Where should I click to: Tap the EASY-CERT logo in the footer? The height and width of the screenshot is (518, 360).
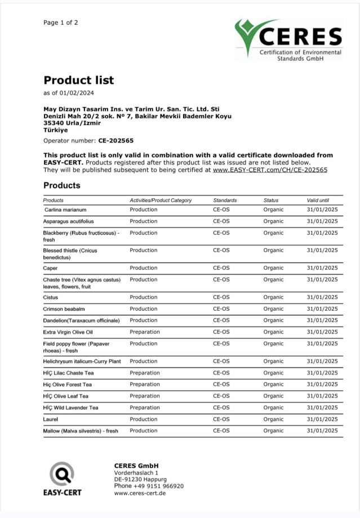(x=62, y=479)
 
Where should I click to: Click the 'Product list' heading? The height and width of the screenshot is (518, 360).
(x=78, y=80)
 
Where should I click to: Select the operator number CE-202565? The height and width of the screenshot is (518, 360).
(x=116, y=141)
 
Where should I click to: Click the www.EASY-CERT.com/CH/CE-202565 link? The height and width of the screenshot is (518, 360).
(x=270, y=169)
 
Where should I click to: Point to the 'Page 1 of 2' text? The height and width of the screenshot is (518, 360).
(x=61, y=23)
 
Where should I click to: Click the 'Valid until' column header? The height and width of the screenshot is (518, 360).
(x=318, y=200)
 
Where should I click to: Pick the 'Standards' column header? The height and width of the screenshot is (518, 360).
(x=225, y=200)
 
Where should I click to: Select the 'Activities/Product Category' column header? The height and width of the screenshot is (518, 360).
(x=161, y=200)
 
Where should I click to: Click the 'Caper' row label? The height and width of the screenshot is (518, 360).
(x=50, y=268)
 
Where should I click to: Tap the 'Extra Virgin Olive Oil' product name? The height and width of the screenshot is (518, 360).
(x=68, y=332)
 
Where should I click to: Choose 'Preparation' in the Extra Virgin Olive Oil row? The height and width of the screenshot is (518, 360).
(x=144, y=332)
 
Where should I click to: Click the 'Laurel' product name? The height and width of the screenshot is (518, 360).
(x=51, y=419)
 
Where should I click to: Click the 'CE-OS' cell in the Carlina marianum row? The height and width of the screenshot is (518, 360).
(x=221, y=209)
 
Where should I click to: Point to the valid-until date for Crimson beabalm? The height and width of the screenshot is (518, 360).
(x=322, y=309)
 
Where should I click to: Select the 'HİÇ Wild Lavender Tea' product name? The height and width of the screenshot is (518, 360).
(x=70, y=408)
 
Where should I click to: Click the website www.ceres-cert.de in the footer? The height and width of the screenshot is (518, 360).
(x=140, y=493)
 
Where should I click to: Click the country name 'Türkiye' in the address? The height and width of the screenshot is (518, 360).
(x=55, y=130)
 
